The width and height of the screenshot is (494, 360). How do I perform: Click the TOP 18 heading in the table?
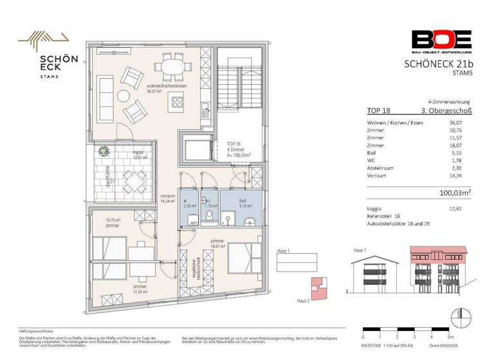[378, 111]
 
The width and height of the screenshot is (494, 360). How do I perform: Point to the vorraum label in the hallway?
[168, 196]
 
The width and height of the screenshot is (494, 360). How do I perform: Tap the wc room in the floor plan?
[209, 206]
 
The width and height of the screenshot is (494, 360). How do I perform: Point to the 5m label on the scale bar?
[452, 336]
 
